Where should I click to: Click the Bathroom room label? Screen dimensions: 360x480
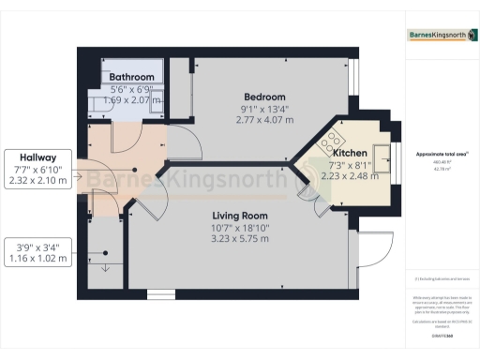tap(130, 77)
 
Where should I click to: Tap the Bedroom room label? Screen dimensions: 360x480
tap(265, 97)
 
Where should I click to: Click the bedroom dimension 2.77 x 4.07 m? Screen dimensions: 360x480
tap(265, 120)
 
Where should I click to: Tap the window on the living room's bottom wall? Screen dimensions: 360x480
tap(160, 294)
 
